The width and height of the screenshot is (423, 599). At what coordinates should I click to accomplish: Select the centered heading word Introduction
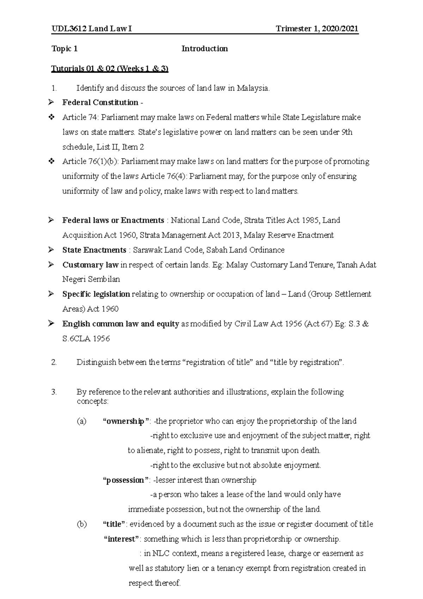click(x=204, y=49)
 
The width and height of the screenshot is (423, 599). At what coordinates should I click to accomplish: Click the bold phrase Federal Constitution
click(x=100, y=103)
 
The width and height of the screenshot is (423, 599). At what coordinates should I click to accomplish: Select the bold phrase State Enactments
click(x=94, y=250)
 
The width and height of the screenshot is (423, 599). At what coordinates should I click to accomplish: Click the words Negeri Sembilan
click(x=91, y=279)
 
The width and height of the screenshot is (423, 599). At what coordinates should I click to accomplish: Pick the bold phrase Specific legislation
click(x=96, y=294)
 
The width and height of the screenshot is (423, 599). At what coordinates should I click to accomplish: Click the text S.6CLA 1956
click(x=86, y=339)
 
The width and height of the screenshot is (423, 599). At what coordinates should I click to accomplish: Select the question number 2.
click(x=54, y=362)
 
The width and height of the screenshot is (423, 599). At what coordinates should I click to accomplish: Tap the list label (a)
click(x=81, y=421)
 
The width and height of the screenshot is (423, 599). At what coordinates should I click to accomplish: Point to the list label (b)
click(x=81, y=525)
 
